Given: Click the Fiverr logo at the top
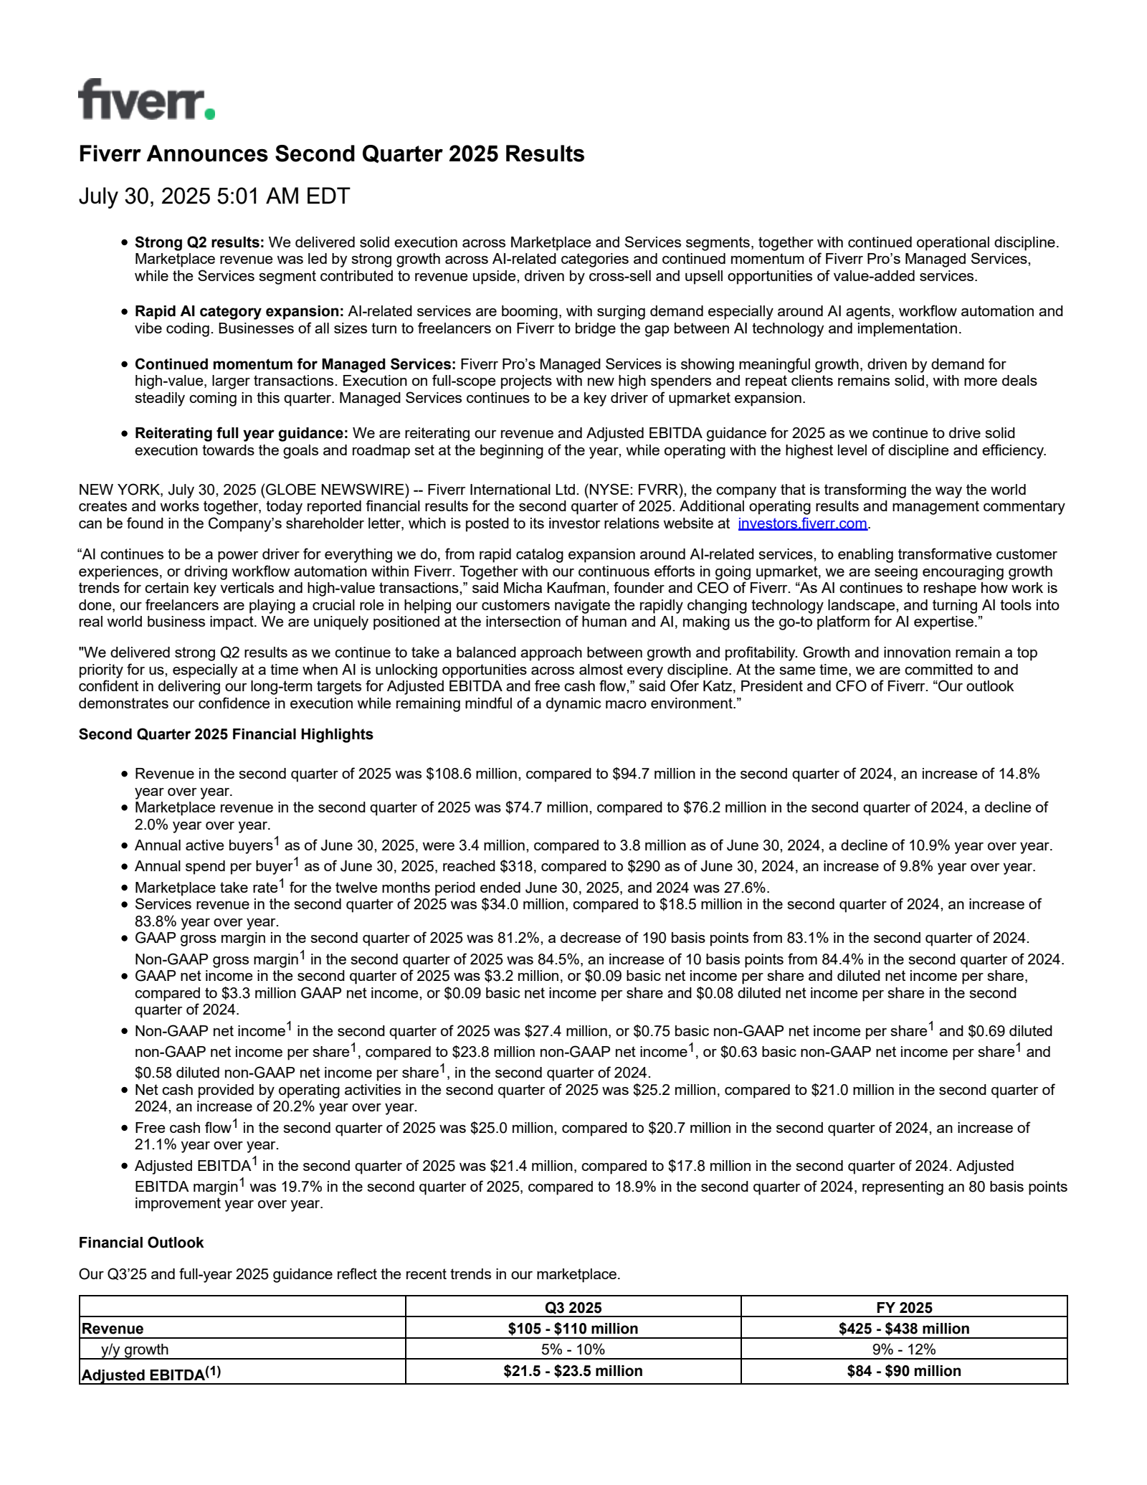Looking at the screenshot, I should coord(146,100).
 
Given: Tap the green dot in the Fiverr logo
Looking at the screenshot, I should coord(209,113).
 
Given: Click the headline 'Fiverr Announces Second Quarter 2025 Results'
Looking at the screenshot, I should coord(331,154).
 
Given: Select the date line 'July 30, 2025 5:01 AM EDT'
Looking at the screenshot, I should coord(214,196).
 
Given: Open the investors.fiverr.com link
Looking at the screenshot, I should coord(802,523).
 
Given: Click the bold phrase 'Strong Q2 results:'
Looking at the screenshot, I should coord(199,242).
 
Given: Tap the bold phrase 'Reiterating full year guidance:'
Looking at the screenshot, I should coord(242,433).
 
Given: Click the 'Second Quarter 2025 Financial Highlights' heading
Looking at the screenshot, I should coord(226,734).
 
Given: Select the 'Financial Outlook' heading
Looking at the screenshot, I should coord(141,1243).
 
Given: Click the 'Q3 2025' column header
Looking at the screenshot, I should coord(573,1307).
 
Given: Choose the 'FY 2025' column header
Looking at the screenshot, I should coord(904,1307).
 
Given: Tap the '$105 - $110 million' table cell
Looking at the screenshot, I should coord(573,1329).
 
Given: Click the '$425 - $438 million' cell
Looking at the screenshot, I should coord(904,1329).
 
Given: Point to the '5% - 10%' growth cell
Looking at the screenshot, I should coord(573,1349).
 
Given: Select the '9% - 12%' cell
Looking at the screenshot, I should coord(904,1349).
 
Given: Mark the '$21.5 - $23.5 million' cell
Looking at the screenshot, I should coord(573,1371).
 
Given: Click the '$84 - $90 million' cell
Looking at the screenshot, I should coord(904,1371).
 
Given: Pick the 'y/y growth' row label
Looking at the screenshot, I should coord(135,1349).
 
